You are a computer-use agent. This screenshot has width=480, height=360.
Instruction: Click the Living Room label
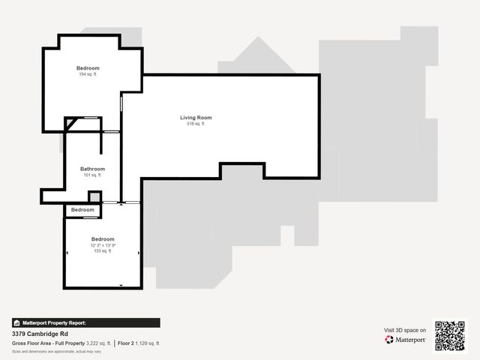coord(196,118)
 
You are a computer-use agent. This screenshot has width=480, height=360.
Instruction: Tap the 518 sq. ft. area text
coord(196,124)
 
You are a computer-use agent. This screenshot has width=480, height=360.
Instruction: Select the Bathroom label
coord(92,169)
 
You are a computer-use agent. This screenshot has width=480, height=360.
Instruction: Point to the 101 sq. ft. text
coord(92,175)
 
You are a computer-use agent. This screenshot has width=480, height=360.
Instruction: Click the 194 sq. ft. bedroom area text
coord(88,74)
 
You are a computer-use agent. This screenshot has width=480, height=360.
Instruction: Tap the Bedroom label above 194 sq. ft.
coord(88,68)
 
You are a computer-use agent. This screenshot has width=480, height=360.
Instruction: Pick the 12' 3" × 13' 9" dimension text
coord(103,245)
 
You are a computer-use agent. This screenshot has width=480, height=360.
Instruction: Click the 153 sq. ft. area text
coord(103,251)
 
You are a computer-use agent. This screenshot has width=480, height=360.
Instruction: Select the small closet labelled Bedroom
coord(82,210)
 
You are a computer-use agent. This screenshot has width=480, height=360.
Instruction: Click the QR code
coord(450,335)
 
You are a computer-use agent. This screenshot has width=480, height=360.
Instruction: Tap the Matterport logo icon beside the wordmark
coord(389,340)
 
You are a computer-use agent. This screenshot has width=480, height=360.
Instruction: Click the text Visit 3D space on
coord(405,330)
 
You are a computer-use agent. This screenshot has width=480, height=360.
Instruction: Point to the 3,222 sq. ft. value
coord(98,343)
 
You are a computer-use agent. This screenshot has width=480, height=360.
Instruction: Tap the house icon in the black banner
coord(16,322)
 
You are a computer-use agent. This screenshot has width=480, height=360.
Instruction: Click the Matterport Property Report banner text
coord(55,322)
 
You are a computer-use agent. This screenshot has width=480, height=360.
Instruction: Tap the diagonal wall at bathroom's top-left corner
coord(69,124)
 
